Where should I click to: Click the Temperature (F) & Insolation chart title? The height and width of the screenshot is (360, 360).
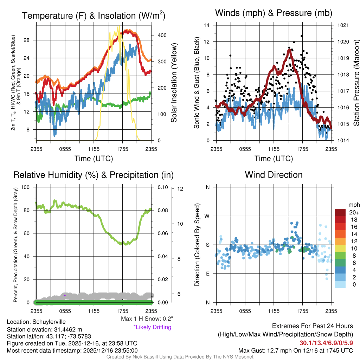pos(94,16)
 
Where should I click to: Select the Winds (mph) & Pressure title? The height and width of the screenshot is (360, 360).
pos(274,13)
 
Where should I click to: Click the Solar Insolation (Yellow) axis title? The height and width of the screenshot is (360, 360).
pos(174,83)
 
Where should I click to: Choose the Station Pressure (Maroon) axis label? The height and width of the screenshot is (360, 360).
pos(356,83)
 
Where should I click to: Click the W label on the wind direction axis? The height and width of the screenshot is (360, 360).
pos(207,216)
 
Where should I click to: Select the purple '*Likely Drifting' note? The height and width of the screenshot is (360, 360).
pos(152,327)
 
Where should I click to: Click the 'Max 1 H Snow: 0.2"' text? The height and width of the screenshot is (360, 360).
pos(147,319)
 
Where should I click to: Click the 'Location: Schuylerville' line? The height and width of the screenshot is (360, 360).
pos(36,322)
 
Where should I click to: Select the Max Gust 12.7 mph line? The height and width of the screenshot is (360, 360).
pos(295,351)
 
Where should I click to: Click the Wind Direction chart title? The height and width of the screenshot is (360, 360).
pos(274,175)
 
